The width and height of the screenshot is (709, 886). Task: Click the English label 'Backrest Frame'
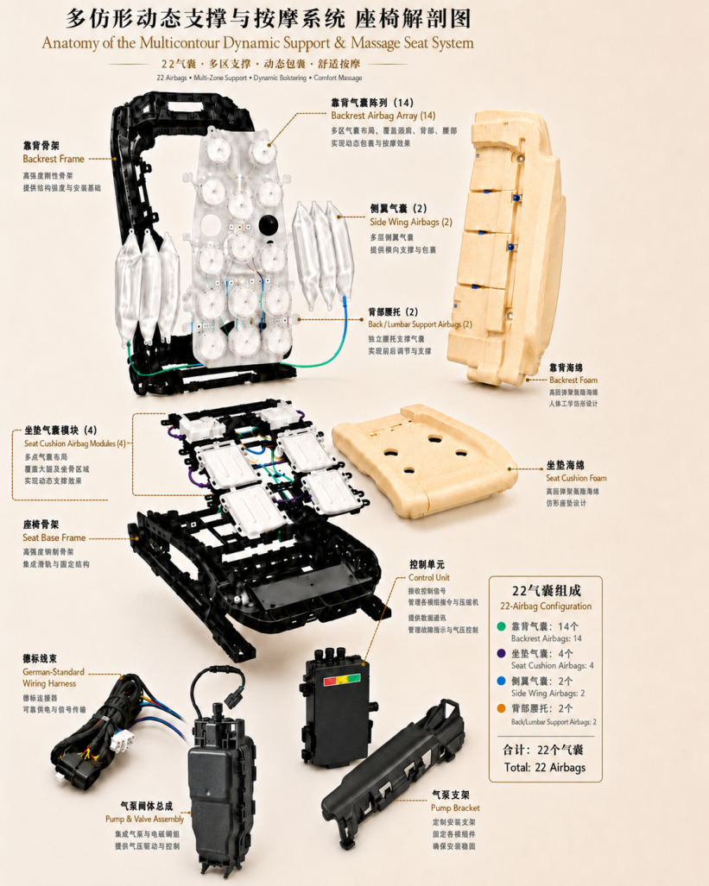54,159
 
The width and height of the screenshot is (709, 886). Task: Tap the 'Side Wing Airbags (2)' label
411,222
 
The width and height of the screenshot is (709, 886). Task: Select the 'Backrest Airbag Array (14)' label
383,116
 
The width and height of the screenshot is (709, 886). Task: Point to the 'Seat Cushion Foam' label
576,478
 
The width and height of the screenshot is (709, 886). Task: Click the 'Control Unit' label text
429,577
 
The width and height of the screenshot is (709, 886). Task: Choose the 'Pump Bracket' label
455,808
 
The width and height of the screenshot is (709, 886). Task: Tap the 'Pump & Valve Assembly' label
145,819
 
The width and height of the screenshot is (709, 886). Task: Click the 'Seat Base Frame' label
54,537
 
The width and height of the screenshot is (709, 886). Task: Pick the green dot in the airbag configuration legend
501,626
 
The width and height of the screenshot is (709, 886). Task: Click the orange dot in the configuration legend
501,708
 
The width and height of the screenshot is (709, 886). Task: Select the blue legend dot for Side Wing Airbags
501,681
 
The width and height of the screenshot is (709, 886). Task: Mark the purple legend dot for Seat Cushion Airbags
501,653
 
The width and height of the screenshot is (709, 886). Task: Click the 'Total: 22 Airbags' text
544,767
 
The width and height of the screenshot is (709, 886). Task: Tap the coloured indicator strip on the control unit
341,680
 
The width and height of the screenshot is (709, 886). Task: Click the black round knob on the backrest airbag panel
269,225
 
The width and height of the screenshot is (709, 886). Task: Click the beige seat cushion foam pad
424,460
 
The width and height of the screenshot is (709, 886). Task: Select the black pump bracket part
393,774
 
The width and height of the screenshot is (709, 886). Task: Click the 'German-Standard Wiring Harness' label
54,677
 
